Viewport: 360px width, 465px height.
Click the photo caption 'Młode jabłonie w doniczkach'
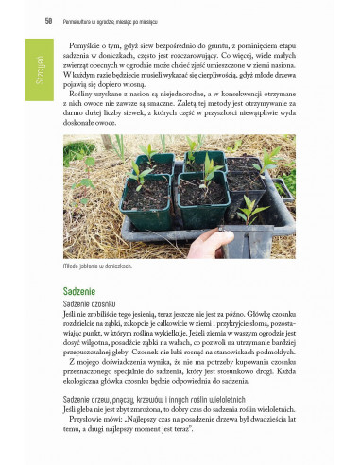91,267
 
